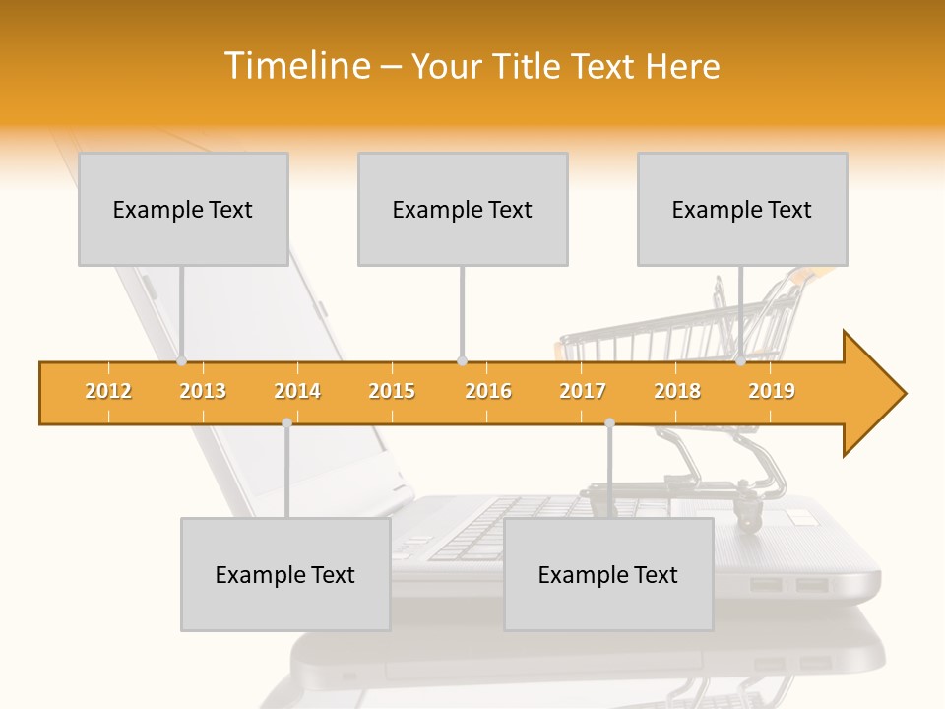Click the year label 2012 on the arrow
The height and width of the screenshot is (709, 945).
108,392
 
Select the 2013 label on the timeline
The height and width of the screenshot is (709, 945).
203,392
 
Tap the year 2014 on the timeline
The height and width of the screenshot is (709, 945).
297,392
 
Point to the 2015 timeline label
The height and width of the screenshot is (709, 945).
392,392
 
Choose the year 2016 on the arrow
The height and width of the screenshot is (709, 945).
488,392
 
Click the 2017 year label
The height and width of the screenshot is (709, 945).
583,392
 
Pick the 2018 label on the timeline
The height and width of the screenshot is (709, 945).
677,392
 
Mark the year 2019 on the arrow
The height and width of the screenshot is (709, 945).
772,392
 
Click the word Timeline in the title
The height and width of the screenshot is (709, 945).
296,66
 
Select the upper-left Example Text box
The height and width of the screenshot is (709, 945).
183,210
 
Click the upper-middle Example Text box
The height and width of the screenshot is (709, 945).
463,210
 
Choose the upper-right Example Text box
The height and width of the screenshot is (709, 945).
742,210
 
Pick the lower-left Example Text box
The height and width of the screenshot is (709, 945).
285,575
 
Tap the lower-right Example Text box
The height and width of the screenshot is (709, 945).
608,575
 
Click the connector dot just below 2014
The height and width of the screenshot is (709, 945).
286,422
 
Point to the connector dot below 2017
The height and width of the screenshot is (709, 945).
609,422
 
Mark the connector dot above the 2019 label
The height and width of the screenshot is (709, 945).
740,361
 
